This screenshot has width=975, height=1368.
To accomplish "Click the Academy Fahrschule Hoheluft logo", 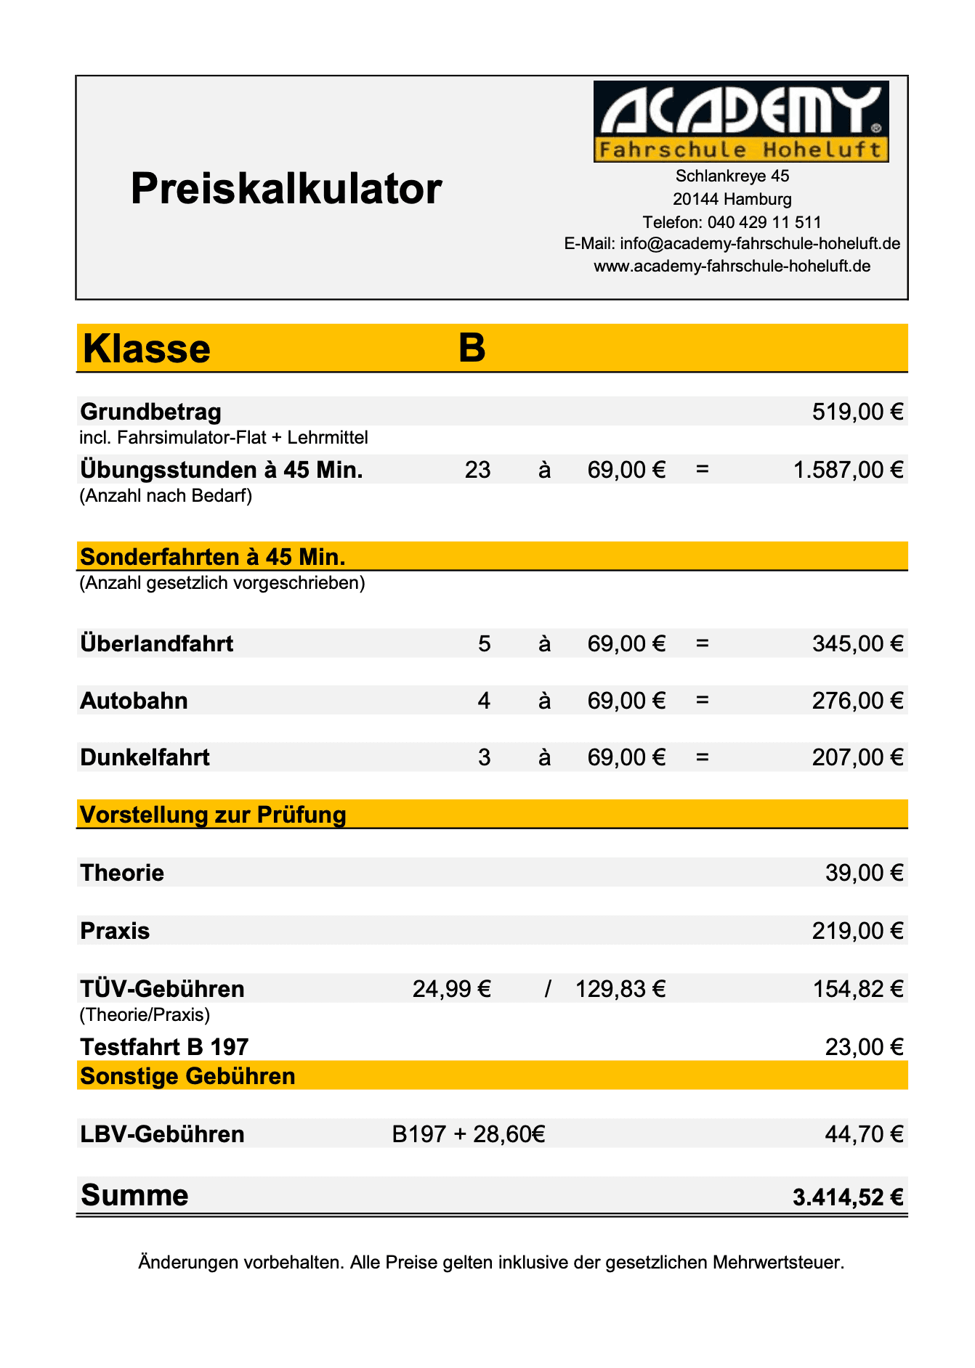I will click(740, 121).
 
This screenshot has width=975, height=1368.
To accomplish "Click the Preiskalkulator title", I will click(286, 189).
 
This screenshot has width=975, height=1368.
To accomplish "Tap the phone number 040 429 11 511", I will click(764, 222).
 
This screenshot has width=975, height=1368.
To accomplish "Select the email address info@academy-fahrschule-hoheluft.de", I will click(760, 244).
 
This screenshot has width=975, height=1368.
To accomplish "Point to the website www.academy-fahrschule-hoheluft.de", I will click(732, 266).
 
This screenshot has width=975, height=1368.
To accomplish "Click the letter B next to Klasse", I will click(472, 348).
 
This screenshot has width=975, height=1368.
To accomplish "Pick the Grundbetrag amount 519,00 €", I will click(857, 412).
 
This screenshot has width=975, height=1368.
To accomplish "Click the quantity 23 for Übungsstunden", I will click(477, 471).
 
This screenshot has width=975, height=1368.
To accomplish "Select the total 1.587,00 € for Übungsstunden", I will click(848, 471).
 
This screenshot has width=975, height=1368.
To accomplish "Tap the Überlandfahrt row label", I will click(157, 644).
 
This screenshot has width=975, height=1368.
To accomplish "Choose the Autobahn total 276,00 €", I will click(857, 701).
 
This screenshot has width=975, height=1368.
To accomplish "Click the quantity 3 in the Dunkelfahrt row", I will click(484, 758).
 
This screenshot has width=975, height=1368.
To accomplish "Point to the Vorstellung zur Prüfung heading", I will click(213, 815).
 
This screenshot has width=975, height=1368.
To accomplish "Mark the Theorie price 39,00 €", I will click(864, 873).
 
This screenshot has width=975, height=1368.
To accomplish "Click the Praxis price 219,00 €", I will click(857, 931).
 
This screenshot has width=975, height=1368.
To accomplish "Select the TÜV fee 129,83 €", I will click(620, 989).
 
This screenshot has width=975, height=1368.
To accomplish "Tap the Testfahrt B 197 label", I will click(164, 1047).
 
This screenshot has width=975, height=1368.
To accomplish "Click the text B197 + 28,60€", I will click(469, 1134).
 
